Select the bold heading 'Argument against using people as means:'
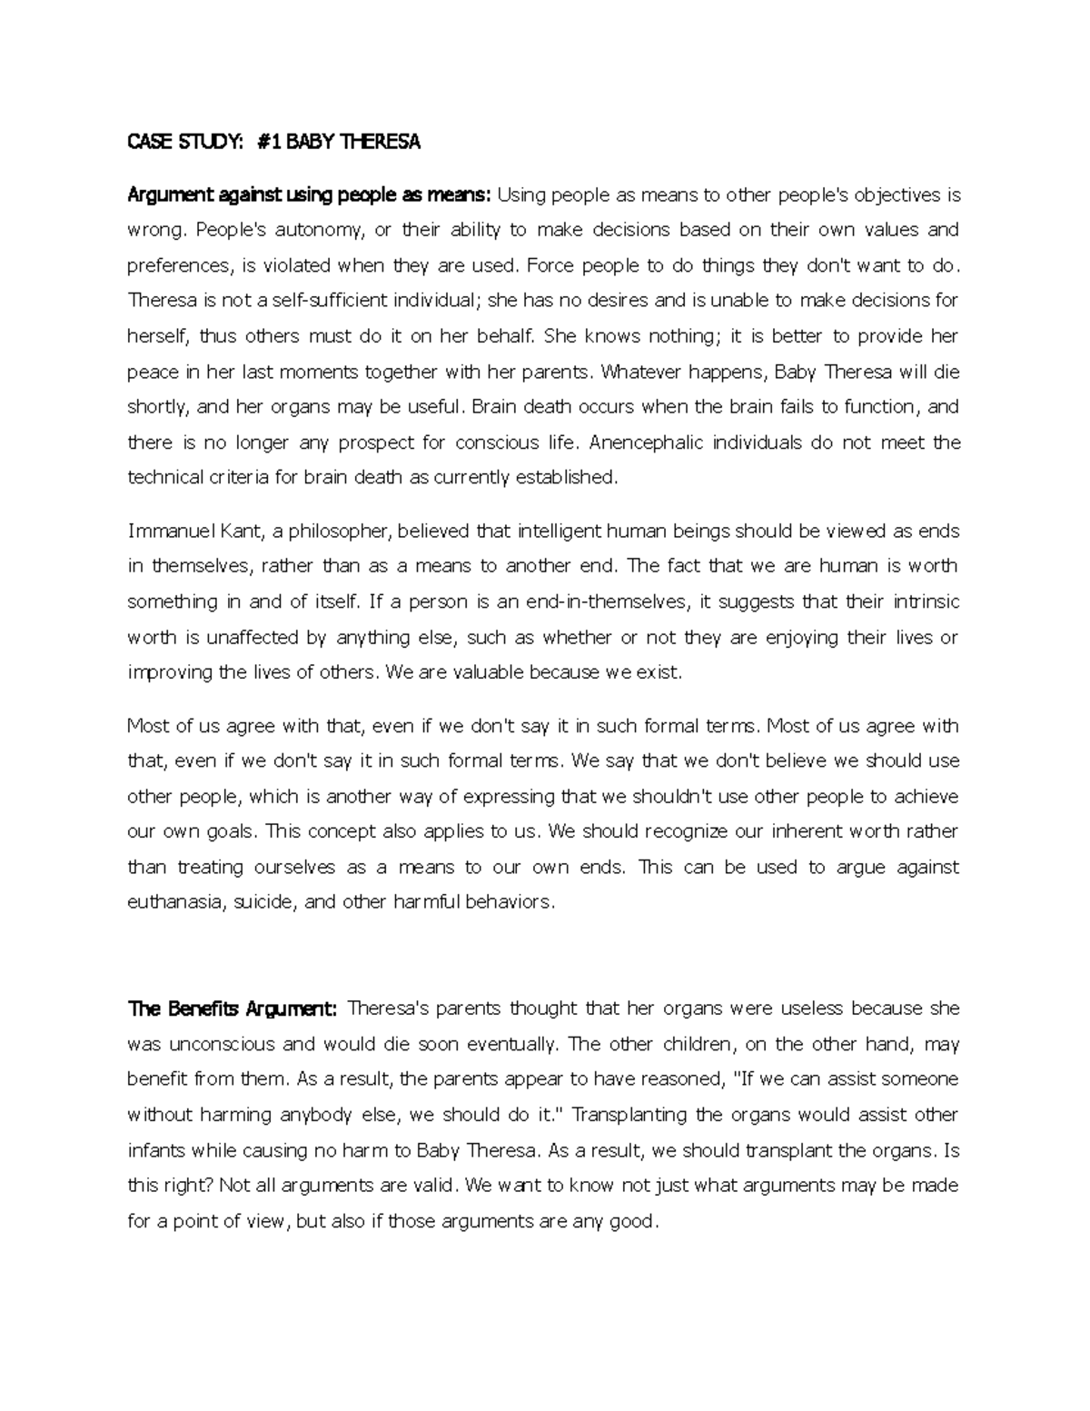(x=309, y=194)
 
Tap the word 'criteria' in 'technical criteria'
(x=238, y=478)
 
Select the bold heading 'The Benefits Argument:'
(x=233, y=1009)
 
